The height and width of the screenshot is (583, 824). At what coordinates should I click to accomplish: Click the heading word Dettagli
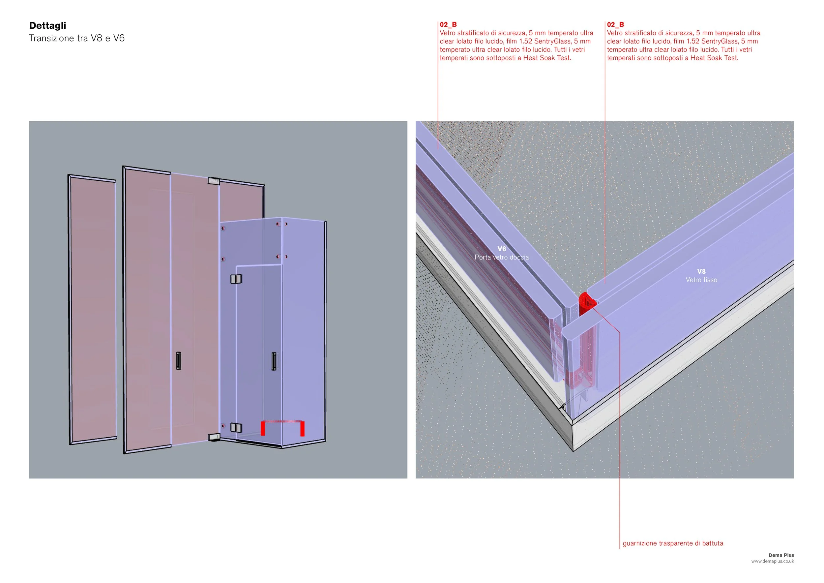coord(48,25)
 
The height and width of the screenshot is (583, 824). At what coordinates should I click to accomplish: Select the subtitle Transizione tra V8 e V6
coord(77,38)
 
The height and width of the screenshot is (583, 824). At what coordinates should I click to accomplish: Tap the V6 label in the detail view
coord(502,249)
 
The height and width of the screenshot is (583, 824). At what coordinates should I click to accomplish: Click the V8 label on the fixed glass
coord(701,271)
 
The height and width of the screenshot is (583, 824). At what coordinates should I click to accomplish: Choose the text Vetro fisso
coord(701,280)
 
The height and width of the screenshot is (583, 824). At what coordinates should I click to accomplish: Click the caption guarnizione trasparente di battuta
coord(673,543)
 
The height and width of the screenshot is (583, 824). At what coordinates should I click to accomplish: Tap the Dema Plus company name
coord(781,555)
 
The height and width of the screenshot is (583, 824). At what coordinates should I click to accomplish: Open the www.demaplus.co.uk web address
coord(773,561)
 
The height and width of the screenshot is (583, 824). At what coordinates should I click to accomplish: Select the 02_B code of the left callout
coord(448,25)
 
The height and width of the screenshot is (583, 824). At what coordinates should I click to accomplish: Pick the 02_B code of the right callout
coord(615,25)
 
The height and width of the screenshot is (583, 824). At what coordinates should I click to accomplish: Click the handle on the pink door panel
coord(179,361)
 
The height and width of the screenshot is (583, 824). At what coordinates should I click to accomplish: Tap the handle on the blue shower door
coord(274,361)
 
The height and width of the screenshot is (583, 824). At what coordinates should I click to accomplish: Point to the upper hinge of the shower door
coord(236,279)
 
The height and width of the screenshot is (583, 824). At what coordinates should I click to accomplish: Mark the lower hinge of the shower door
coord(236,428)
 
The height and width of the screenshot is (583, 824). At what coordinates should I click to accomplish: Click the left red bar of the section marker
coord(263,428)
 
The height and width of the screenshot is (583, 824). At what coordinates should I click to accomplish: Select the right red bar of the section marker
coord(302,429)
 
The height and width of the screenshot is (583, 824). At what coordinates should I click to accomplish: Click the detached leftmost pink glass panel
coord(92,309)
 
